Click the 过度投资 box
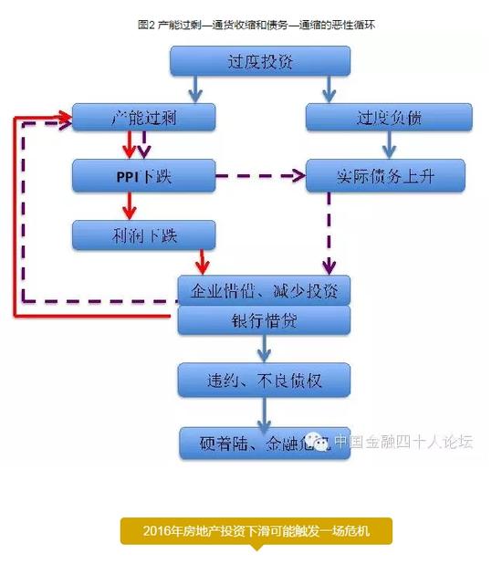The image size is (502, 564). (x=260, y=60)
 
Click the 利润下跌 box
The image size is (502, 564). (x=143, y=235)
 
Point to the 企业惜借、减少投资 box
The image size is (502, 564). (x=264, y=290)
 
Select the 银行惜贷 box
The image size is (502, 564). (x=264, y=320)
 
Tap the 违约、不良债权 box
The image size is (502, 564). (x=264, y=379)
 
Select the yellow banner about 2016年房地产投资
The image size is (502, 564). (x=256, y=531)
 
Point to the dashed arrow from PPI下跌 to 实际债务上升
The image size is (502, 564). (x=260, y=174)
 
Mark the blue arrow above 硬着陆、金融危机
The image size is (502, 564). (x=265, y=411)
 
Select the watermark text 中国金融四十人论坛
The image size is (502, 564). (x=403, y=442)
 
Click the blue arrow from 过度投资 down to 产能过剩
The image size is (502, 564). (x=195, y=89)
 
